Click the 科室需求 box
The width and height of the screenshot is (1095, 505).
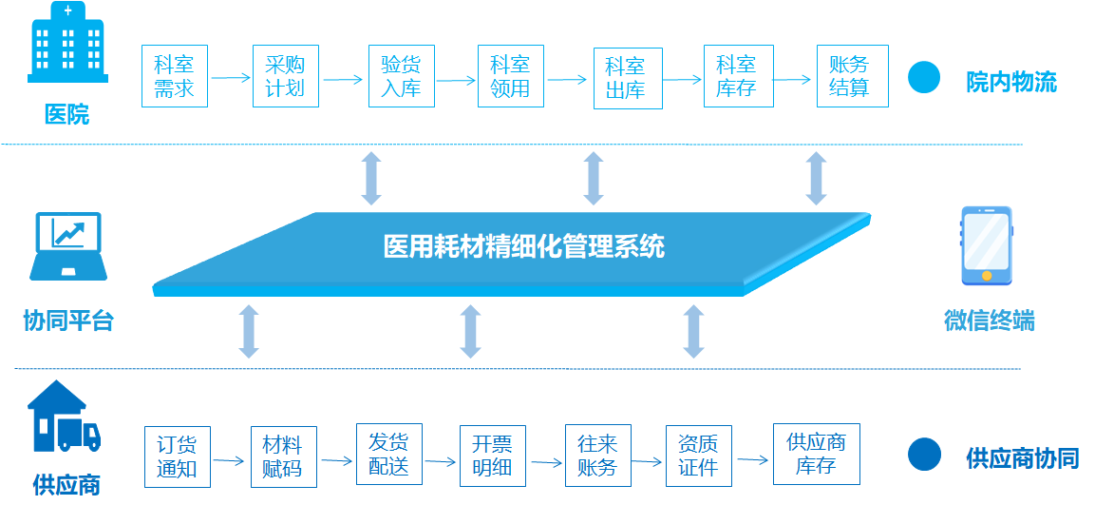click(x=175, y=76)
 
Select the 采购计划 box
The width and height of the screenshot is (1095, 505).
click(x=286, y=76)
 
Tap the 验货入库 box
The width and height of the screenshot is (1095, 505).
click(x=402, y=76)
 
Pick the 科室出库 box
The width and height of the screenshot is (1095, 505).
click(x=628, y=78)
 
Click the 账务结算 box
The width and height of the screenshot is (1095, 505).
click(x=853, y=76)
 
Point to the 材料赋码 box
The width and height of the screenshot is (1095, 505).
click(x=284, y=456)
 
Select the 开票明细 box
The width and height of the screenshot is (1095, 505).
click(x=492, y=456)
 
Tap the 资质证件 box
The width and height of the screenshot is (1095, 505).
click(x=699, y=456)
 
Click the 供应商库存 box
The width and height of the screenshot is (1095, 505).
click(x=817, y=454)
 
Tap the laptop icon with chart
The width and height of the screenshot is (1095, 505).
click(x=67, y=246)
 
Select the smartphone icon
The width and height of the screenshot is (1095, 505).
click(x=987, y=245)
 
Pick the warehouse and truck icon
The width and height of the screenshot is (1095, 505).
click(x=65, y=416)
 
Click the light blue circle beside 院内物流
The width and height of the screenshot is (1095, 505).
click(x=924, y=77)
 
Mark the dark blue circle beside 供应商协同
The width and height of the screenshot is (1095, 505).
click(x=924, y=454)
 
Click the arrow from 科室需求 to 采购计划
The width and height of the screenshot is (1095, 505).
click(x=231, y=78)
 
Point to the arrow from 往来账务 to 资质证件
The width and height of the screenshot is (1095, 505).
click(x=647, y=461)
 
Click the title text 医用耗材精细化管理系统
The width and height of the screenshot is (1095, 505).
click(x=523, y=246)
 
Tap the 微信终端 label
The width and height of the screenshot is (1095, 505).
click(x=989, y=320)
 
